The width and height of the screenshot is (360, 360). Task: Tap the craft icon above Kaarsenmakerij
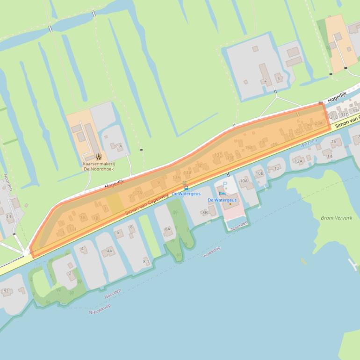[98, 157]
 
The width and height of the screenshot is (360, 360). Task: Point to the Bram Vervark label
[337, 218]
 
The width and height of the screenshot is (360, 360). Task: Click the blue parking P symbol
[225, 185]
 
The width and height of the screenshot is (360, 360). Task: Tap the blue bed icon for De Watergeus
[222, 194]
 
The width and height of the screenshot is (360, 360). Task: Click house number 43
[8, 216]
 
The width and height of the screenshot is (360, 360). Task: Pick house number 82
[6, 291]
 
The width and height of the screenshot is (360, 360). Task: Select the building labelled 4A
[110, 251]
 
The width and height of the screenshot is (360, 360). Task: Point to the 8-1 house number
[146, 261]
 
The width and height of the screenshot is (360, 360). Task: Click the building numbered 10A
[244, 180]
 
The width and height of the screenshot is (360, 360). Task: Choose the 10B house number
[259, 173]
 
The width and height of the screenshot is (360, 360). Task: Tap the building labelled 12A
[299, 161]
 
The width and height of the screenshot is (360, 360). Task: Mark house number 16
[333, 142]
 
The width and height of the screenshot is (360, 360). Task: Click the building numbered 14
[330, 156]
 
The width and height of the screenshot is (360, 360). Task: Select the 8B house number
[205, 213]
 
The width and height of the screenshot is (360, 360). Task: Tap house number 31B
[334, 117]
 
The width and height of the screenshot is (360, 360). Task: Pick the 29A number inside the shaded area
[319, 123]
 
